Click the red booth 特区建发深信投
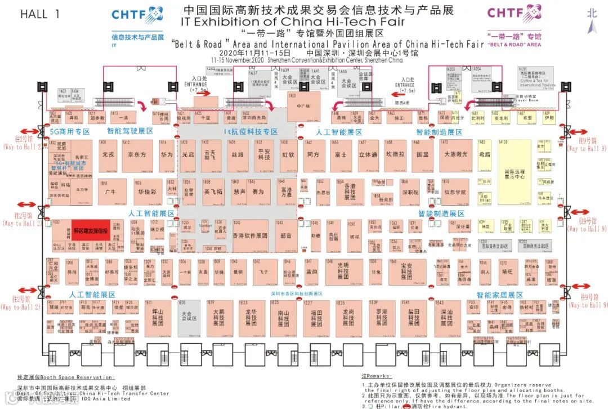(91, 230)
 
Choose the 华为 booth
(167, 154)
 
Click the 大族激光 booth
(455, 155)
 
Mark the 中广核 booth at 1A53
(304, 106)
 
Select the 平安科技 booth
(264, 155)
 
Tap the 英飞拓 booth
(214, 192)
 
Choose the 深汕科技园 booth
(446, 318)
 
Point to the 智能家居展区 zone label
(499, 295)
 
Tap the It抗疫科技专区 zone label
(251, 132)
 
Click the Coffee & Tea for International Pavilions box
(537, 79)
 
